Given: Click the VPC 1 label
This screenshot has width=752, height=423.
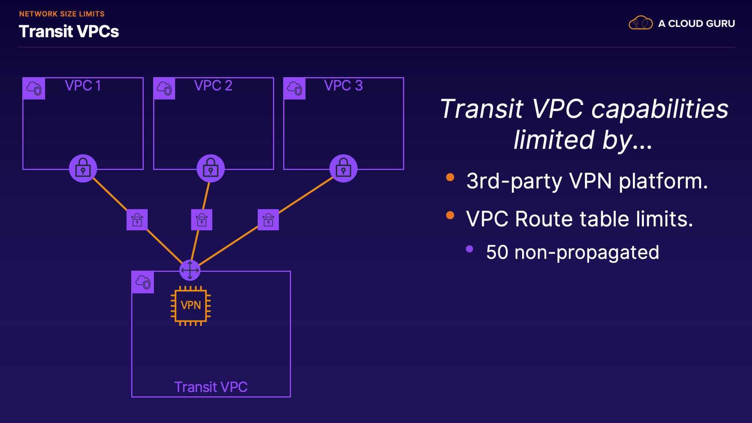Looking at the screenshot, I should (83, 85).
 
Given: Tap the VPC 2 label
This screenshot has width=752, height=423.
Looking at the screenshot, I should (213, 85).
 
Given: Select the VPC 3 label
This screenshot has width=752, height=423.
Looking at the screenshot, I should (343, 85).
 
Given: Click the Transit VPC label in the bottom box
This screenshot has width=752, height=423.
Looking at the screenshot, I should (211, 387).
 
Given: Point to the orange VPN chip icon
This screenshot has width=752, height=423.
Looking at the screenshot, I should (191, 305).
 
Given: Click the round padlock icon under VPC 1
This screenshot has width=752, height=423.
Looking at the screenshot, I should (83, 168).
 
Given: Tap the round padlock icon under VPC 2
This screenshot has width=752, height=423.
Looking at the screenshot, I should (211, 168).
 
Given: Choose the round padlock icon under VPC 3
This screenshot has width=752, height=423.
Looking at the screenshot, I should (343, 168).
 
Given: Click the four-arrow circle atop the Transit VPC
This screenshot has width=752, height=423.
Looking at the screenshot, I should (190, 270).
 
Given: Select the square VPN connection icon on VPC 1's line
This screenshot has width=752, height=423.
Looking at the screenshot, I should (137, 220).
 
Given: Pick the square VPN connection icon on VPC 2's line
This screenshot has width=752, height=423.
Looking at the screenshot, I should (202, 220).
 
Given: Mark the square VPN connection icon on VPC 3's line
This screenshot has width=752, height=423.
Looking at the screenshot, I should (268, 220).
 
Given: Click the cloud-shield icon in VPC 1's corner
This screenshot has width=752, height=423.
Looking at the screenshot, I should (34, 89).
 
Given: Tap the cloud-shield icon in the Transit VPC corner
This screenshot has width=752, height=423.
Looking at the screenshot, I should (143, 282).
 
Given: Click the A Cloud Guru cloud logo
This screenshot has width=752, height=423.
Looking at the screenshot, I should (640, 23).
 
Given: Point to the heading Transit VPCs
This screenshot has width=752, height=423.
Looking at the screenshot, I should (69, 31).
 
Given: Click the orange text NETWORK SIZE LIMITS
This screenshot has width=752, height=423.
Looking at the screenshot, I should (62, 14).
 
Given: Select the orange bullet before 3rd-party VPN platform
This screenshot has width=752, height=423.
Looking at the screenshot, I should (450, 177).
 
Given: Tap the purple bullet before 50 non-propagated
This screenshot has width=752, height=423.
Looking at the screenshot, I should (470, 249).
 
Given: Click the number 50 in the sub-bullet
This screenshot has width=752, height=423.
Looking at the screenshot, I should (497, 252).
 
